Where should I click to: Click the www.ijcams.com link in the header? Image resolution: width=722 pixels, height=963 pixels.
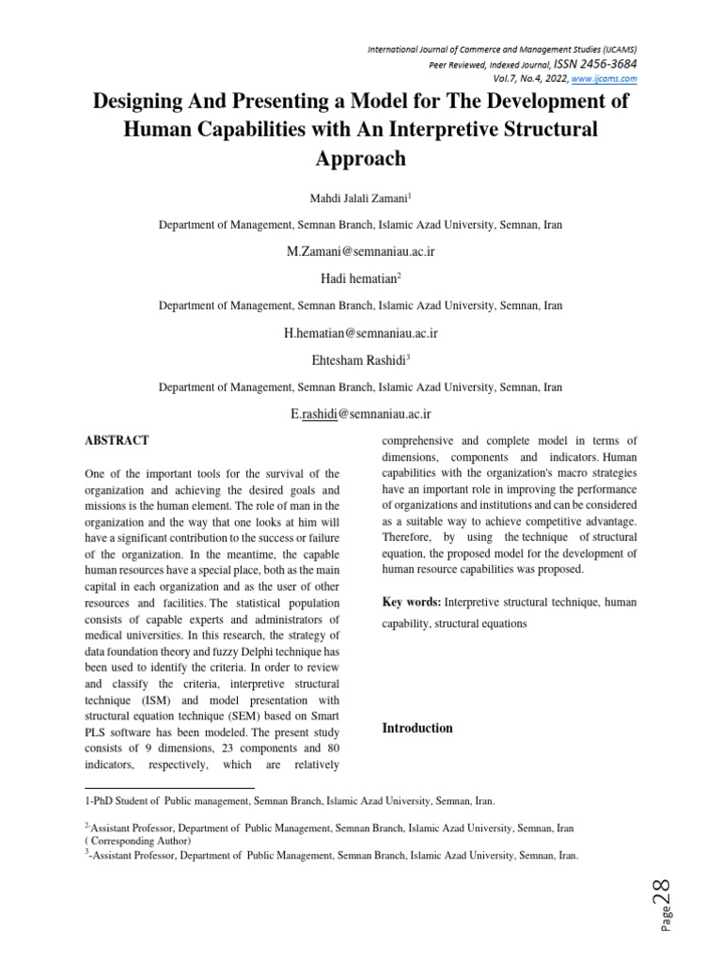604,79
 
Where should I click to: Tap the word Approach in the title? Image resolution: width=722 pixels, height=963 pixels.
361,158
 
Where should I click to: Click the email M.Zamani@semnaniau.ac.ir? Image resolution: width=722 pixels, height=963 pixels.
360,253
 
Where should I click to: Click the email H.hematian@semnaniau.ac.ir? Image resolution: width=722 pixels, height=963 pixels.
361,333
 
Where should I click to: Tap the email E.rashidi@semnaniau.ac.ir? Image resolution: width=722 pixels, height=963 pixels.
361,413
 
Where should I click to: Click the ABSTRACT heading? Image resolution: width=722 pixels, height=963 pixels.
117,440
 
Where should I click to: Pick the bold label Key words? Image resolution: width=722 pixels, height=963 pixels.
412,601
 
